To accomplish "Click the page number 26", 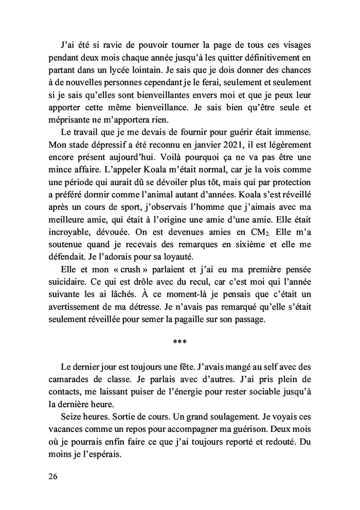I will pyautogui.click(x=53, y=476).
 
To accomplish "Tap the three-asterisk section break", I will pyautogui.click(x=179, y=342).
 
